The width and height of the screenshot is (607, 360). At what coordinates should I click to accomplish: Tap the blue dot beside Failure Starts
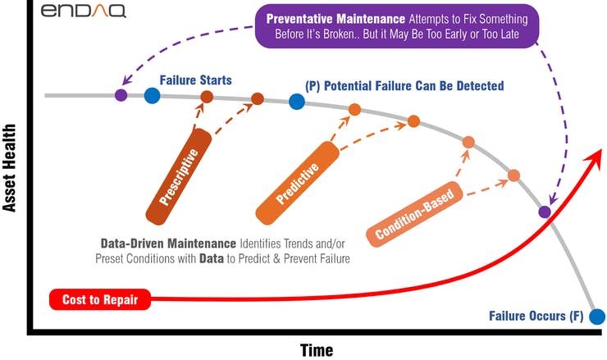(153, 96)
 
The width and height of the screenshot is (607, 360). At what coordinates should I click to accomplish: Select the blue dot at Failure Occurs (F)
(597, 317)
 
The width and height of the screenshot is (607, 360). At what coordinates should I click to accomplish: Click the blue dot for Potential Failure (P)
(296, 101)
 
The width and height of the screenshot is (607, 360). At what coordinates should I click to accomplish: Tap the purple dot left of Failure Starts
(121, 94)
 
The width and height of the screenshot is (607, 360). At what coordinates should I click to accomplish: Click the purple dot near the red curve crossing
(545, 212)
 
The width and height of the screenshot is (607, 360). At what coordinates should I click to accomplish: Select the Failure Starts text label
(195, 80)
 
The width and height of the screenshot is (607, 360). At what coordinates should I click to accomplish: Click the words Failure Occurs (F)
(536, 316)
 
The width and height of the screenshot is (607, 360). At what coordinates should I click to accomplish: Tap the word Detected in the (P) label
(476, 85)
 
